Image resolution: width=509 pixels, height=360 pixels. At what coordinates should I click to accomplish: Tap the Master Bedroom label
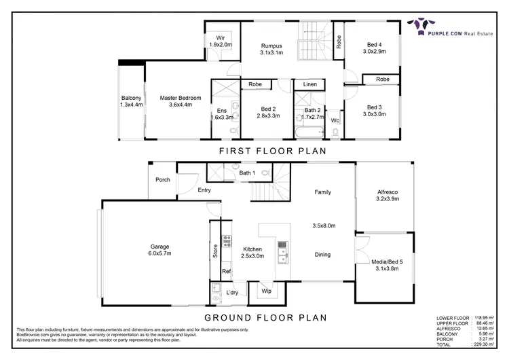[176, 101]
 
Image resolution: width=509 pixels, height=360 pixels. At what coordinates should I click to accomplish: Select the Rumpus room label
[271, 50]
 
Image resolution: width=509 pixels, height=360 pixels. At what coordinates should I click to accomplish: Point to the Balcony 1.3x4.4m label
[132, 101]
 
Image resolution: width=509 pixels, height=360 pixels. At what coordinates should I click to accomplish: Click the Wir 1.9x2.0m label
[220, 41]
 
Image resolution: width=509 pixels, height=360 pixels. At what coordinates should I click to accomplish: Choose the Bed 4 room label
[374, 47]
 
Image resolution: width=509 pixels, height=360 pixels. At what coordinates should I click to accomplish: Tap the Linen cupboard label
[309, 84]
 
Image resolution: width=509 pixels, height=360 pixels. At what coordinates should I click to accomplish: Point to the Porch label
[163, 180]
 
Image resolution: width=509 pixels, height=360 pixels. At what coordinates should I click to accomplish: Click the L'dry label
[233, 293]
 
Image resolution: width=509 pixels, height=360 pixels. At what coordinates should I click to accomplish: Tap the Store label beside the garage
[215, 251]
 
